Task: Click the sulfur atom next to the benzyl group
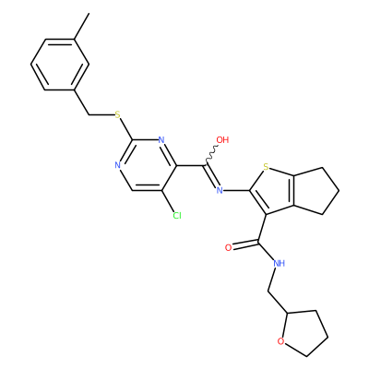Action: tap(117, 115)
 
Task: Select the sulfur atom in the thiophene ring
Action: tap(267, 167)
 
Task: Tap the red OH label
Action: tap(222, 140)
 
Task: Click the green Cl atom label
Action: tap(177, 216)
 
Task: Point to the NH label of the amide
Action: tap(280, 263)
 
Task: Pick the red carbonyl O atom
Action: tap(228, 248)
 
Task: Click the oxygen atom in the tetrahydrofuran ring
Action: tap(280, 341)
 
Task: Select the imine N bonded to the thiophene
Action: tap(220, 190)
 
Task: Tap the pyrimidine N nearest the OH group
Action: tap(161, 140)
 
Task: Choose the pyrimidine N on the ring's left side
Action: tap(117, 165)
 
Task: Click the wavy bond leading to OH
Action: tap(211, 154)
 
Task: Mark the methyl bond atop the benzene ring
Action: tap(82, 26)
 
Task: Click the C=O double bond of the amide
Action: tap(245, 244)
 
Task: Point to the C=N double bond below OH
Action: tap(212, 176)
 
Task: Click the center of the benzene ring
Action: tap(60, 65)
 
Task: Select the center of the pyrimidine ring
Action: tap(147, 165)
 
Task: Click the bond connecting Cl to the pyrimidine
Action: tap(168, 201)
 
